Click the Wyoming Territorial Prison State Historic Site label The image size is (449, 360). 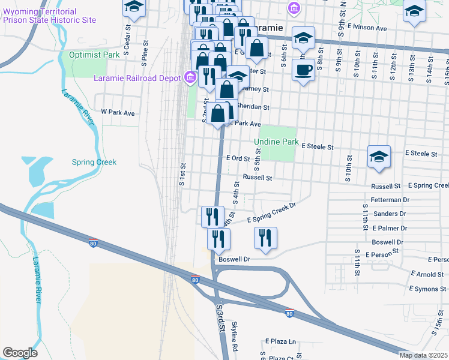(x=49, y=16)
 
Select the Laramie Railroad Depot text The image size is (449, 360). (x=137, y=78)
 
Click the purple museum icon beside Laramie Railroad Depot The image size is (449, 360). (x=190, y=77)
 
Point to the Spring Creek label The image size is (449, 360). (x=94, y=162)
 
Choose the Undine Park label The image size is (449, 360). (x=276, y=142)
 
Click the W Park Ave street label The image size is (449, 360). (x=118, y=112)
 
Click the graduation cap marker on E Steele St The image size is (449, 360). (x=379, y=157)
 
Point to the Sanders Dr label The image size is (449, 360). (x=390, y=214)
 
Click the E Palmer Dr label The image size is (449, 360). (x=389, y=228)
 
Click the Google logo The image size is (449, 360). (x=20, y=353)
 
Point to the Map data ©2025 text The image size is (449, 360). (x=423, y=355)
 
